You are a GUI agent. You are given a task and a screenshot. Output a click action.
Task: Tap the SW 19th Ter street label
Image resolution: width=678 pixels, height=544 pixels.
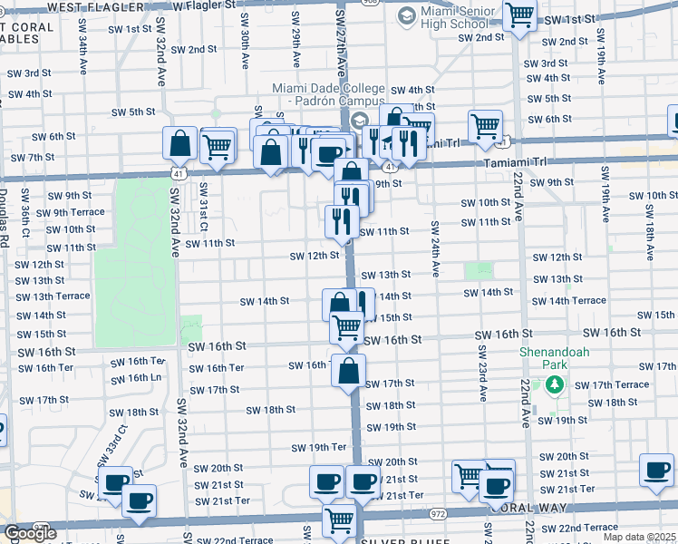coord(319,447)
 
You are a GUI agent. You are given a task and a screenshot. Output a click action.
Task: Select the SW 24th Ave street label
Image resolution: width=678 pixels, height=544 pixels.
coord(435,248)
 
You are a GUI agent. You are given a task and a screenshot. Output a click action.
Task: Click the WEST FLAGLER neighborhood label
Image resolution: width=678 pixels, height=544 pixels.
coord(95,6)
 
